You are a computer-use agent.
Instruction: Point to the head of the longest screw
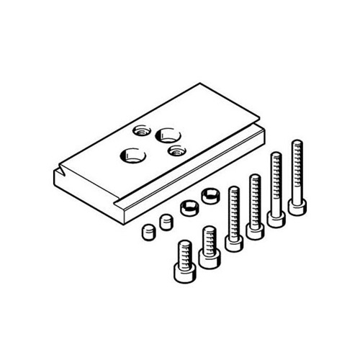[297, 206]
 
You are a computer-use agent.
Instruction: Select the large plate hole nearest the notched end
[132, 154]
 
